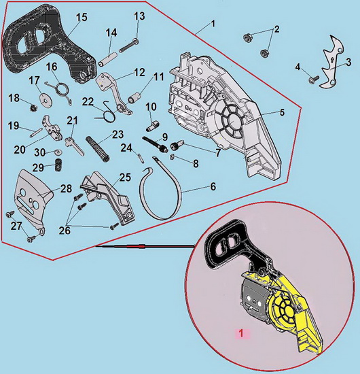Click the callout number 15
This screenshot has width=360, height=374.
pos(82,18)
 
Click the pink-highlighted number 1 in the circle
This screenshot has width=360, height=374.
pos(241,333)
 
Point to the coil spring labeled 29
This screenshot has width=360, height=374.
pos(58,165)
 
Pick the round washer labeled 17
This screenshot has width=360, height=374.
pos(44,99)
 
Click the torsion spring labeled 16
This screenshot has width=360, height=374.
pos(61,92)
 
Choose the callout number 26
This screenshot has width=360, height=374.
pos(65,230)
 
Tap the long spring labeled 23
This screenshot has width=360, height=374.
pos(98,148)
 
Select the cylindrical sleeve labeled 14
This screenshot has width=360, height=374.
pos(108,59)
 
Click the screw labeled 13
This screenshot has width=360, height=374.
pos(128,46)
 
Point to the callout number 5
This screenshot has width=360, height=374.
pos(282,112)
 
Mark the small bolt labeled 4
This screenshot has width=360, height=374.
pos(314,80)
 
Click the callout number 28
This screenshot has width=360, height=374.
pos(66,188)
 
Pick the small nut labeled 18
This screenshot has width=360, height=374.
pos(33,108)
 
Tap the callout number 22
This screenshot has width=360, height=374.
pos(88,102)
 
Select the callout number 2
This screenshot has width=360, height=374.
pos(276,29)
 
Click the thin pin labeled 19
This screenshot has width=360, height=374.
pos(36,133)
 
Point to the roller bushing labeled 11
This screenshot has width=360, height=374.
pos(135,98)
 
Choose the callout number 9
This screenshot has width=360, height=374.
pos(164,137)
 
